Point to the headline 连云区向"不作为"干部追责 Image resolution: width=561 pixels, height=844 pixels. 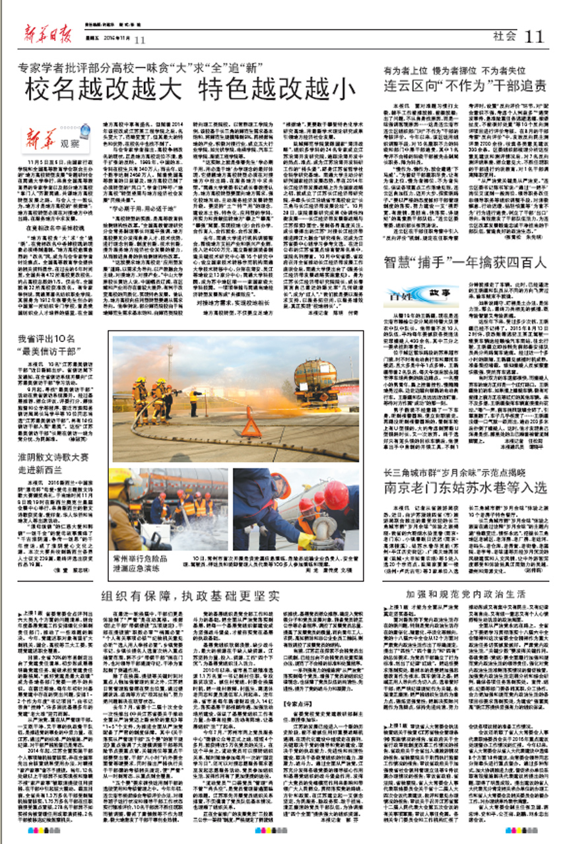tap(465, 85)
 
